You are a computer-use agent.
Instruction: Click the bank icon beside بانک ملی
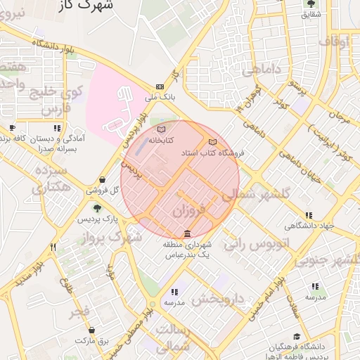[160, 86]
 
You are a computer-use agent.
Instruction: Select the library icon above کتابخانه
[161, 130]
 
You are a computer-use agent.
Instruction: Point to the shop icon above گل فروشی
[103, 180]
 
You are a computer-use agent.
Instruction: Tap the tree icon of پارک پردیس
[97, 207]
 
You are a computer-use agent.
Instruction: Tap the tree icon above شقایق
[310, 4]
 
